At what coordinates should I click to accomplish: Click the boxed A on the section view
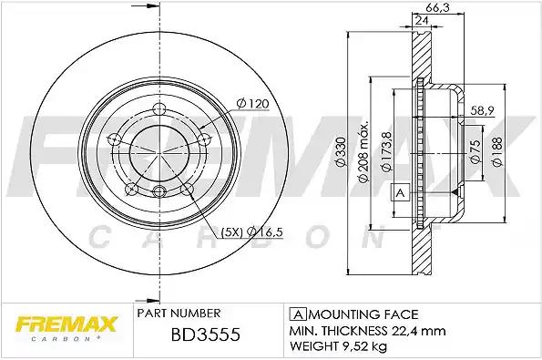coord(398,192)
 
